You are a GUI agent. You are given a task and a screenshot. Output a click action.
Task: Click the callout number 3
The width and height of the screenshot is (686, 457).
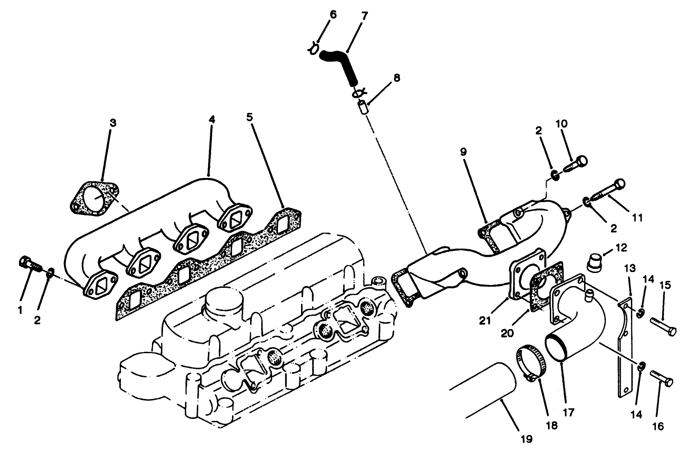coord(113,123)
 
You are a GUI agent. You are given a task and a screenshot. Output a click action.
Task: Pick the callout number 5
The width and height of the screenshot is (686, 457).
coord(250,117)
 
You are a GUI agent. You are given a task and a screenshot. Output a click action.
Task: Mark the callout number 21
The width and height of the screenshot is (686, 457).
coord(485,320)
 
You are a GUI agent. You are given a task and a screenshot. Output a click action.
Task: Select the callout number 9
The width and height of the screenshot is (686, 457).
coord(463,152)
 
